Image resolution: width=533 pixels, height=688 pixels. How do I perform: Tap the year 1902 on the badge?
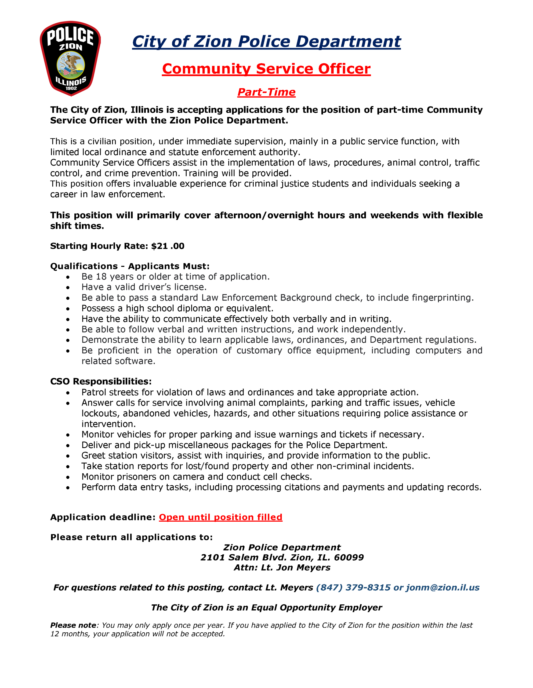pyautogui.click(x=71, y=88)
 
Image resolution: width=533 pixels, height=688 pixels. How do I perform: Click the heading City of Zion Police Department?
pyautogui.click(x=266, y=42)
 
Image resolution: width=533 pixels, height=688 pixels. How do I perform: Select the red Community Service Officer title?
pyautogui.click(x=266, y=69)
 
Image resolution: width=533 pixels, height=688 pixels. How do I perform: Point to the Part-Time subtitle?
pyautogui.click(x=266, y=92)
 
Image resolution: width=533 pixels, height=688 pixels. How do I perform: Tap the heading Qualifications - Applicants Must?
pyautogui.click(x=130, y=266)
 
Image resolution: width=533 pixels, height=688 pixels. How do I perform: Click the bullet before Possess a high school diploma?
pyautogui.click(x=68, y=309)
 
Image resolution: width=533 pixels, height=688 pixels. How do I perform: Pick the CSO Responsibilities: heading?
pyautogui.click(x=101, y=381)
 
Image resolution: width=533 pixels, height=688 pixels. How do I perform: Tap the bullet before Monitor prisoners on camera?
pyautogui.click(x=68, y=477)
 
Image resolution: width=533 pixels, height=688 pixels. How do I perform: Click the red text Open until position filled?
pyautogui.click(x=220, y=517)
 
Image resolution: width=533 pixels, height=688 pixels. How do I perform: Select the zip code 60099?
pyautogui.click(x=349, y=557)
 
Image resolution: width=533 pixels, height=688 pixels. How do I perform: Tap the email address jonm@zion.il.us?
pyautogui.click(x=442, y=587)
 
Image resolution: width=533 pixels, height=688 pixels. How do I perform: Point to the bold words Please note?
pyautogui.click(x=73, y=625)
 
